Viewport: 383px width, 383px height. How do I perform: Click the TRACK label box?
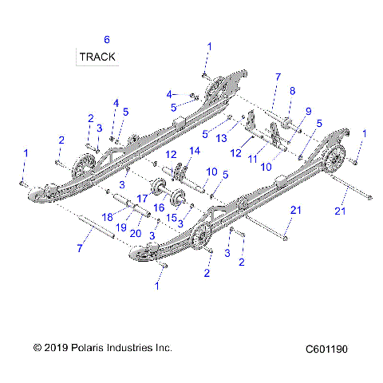[x=97, y=57]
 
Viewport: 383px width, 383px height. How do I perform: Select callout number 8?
[x=292, y=91]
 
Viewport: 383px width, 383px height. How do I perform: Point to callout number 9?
[x=308, y=111]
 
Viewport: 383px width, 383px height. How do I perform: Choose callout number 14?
[x=192, y=151]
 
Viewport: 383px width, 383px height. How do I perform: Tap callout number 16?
[x=158, y=207]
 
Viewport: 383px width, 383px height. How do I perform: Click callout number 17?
[x=141, y=199]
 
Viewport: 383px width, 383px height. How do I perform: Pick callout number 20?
[x=136, y=234]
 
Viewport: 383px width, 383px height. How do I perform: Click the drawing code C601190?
[x=331, y=349]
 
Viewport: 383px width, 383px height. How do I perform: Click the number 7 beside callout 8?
[x=278, y=77]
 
